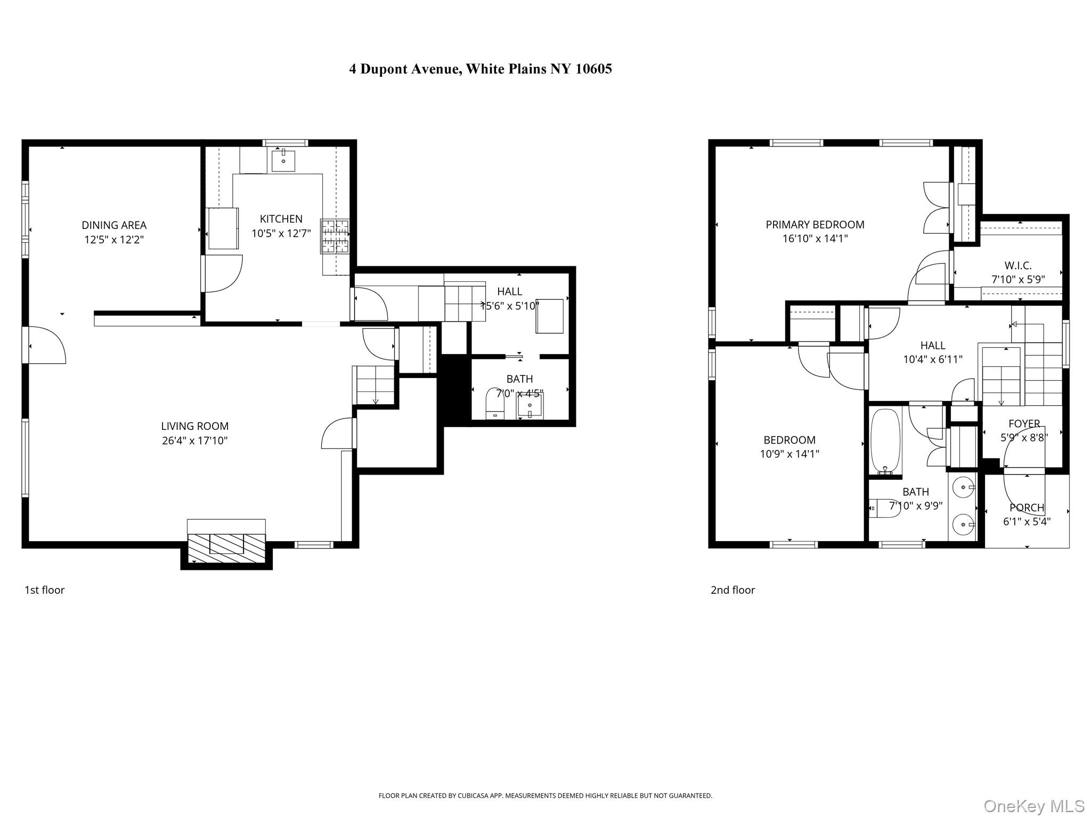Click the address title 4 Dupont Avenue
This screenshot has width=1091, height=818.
pyautogui.click(x=480, y=69)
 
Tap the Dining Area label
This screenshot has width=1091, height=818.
pyautogui.click(x=114, y=225)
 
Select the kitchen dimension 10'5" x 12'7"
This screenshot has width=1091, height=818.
pyautogui.click(x=281, y=233)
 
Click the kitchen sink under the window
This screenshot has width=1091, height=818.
pyautogui.click(x=283, y=160)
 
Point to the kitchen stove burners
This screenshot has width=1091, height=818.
pyautogui.click(x=335, y=236)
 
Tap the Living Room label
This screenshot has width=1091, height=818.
pyautogui.click(x=194, y=426)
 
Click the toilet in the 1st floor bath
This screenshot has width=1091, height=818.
pyautogui.click(x=495, y=404)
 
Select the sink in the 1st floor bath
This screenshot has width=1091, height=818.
pyautogui.click(x=530, y=408)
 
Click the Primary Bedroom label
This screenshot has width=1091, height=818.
pyautogui.click(x=815, y=225)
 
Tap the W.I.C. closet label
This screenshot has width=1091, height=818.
pyautogui.click(x=1018, y=265)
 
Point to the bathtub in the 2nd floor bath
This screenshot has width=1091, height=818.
pyautogui.click(x=885, y=441)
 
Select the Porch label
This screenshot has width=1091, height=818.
pyautogui.click(x=1027, y=508)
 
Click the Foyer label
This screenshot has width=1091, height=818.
pyautogui.click(x=1024, y=424)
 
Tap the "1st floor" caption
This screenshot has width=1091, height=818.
pyautogui.click(x=45, y=590)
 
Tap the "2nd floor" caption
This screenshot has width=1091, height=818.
pyautogui.click(x=732, y=590)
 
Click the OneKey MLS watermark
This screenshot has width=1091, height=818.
pyautogui.click(x=1033, y=806)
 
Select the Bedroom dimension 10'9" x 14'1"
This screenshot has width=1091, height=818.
pyautogui.click(x=789, y=454)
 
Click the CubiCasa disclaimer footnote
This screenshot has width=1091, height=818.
pyautogui.click(x=545, y=796)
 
